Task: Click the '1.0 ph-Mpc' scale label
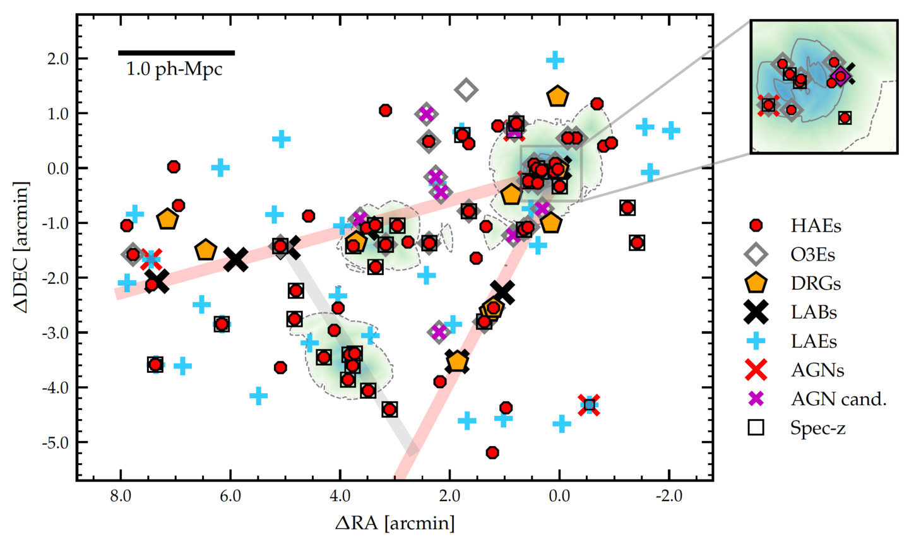tap(174, 69)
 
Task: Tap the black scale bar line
tap(176, 53)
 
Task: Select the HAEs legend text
tap(816, 226)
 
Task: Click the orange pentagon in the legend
tap(756, 284)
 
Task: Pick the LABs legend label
tap(814, 312)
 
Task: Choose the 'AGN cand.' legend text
tap(838, 399)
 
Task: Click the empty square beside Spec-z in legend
tap(756, 428)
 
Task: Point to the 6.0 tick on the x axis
tap(230, 496)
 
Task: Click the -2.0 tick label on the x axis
tap(668, 496)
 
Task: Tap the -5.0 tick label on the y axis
tap(54, 442)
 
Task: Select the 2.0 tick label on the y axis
tap(57, 59)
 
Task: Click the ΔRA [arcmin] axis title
tap(395, 523)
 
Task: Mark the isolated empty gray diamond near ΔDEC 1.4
tap(466, 90)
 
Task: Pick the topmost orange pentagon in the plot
tap(557, 97)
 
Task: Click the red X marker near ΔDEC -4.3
tap(589, 405)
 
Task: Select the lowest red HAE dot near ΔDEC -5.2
tap(492, 452)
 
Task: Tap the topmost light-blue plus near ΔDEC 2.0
tap(555, 61)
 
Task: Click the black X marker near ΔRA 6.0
tap(236, 259)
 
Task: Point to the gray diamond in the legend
tap(756, 255)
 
